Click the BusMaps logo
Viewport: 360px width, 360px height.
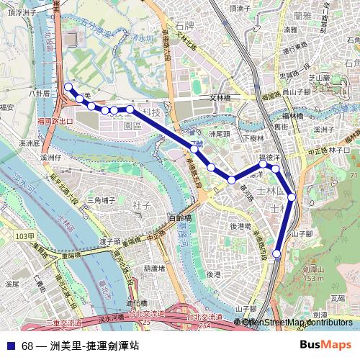325,345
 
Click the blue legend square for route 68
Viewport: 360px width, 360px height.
11,346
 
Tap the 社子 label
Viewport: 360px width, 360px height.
141,206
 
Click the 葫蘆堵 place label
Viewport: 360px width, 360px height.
155,268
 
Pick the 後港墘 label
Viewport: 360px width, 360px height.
240,226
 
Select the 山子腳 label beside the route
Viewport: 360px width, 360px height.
302,233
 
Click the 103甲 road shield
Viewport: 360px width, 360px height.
25,236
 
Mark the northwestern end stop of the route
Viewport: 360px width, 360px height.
68,87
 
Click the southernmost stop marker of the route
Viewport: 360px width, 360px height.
276,253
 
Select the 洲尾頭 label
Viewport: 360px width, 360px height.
219,134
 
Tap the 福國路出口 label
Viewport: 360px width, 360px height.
55,122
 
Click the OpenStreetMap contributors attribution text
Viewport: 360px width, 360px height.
297,322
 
